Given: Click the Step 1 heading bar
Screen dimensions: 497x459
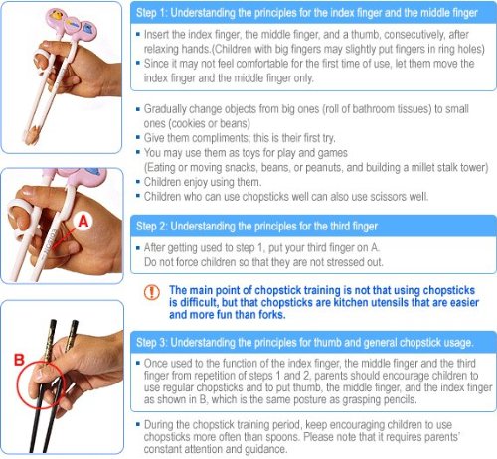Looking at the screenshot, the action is point(313,13).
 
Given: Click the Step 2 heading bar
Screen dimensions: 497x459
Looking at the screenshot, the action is point(313,227).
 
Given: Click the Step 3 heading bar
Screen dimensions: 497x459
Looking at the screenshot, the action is point(313,342).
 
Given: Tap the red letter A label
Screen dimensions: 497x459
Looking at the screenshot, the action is point(83,221).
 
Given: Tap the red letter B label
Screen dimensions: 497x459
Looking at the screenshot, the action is point(19,360).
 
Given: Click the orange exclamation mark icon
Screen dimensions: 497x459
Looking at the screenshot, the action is point(152,292).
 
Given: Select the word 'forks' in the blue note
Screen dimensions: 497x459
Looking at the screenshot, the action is point(271,314).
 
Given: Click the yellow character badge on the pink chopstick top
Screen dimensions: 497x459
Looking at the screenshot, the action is point(56,16).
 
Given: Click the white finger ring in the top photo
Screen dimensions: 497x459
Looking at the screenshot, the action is point(44,62).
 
